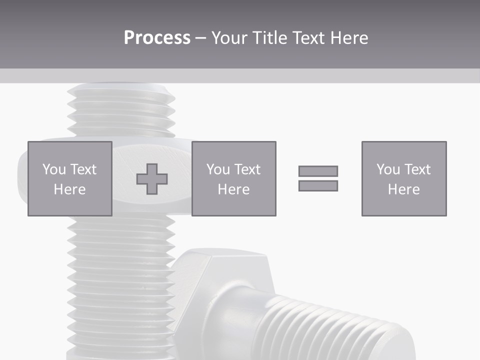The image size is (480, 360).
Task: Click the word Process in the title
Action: click(x=157, y=38)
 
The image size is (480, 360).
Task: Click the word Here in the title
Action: click(x=349, y=38)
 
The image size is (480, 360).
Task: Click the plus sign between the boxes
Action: click(x=152, y=179)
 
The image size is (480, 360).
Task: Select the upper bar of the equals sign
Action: click(x=318, y=171)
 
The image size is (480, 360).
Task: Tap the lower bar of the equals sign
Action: click(x=318, y=185)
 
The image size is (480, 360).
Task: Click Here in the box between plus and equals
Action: click(x=233, y=189)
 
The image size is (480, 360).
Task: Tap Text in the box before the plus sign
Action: click(x=83, y=169)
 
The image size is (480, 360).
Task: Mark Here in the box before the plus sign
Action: click(x=69, y=189)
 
